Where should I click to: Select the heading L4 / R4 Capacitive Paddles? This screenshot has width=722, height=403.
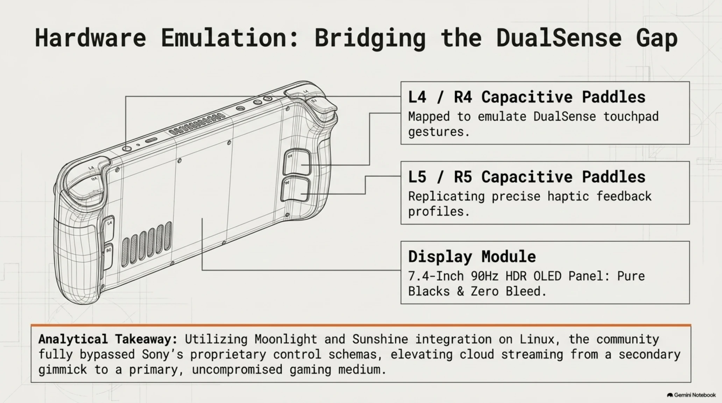(526, 97)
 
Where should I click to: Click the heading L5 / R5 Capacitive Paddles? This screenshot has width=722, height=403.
(526, 177)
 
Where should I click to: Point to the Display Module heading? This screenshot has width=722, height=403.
(472, 256)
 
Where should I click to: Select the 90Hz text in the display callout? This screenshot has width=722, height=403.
(484, 276)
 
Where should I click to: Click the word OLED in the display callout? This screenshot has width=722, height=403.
(547, 276)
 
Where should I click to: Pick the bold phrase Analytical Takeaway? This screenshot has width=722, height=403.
(108, 339)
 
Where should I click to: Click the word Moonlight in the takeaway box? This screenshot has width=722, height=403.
(286, 339)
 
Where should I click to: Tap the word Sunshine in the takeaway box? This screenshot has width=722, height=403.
(380, 339)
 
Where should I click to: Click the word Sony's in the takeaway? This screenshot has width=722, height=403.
(162, 354)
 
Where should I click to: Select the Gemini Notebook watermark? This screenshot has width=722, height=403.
(691, 395)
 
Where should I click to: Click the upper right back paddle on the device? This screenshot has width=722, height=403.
(297, 162)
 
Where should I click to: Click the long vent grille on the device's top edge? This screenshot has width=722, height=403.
(197, 124)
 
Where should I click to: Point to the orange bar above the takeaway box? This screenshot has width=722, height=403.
(361, 325)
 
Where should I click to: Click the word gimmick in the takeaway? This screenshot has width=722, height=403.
(63, 370)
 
